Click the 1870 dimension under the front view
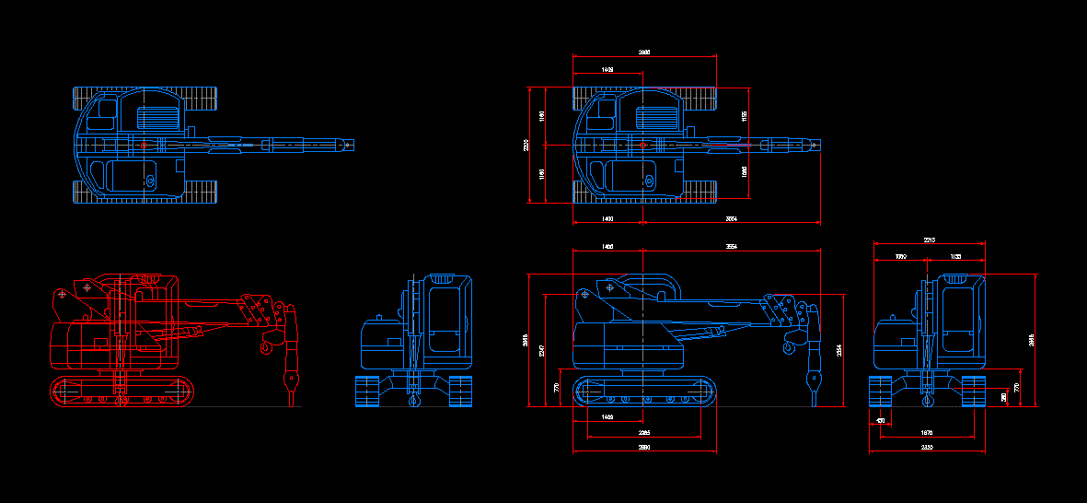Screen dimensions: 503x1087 click(927, 432)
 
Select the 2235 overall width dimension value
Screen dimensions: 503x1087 click(927, 447)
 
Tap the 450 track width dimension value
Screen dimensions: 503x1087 click(881, 421)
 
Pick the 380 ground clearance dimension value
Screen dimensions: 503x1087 click(1003, 396)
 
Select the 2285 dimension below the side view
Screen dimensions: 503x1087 click(644, 432)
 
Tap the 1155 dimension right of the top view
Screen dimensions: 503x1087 click(744, 116)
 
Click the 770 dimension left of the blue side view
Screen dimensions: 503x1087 click(557, 389)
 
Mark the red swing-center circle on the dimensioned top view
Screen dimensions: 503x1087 click(642, 145)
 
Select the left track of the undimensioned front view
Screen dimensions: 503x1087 click(368, 392)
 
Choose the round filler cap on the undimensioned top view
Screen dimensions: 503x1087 click(149, 181)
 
